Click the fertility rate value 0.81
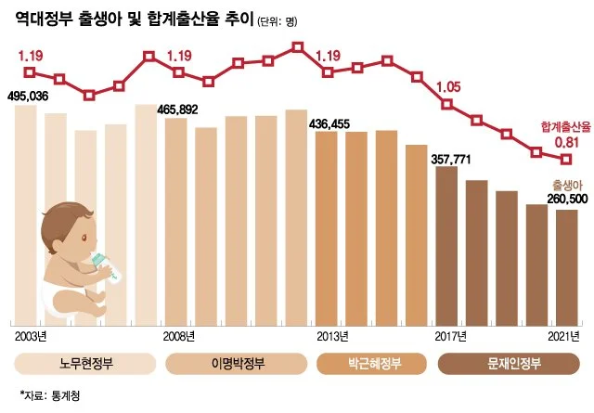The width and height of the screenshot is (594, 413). (x=567, y=143)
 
